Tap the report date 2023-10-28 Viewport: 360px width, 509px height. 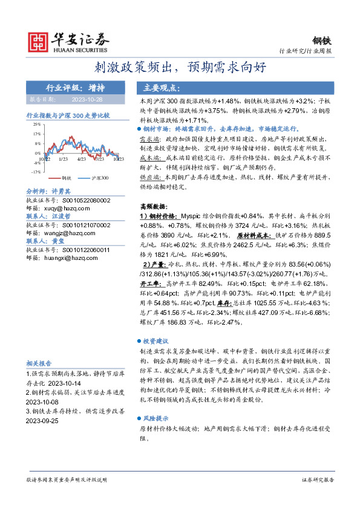(87, 99)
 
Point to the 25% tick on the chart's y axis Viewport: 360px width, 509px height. (37, 123)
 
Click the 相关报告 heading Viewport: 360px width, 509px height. (38, 363)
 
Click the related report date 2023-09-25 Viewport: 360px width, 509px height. (45, 420)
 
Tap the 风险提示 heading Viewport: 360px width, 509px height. (155, 418)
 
